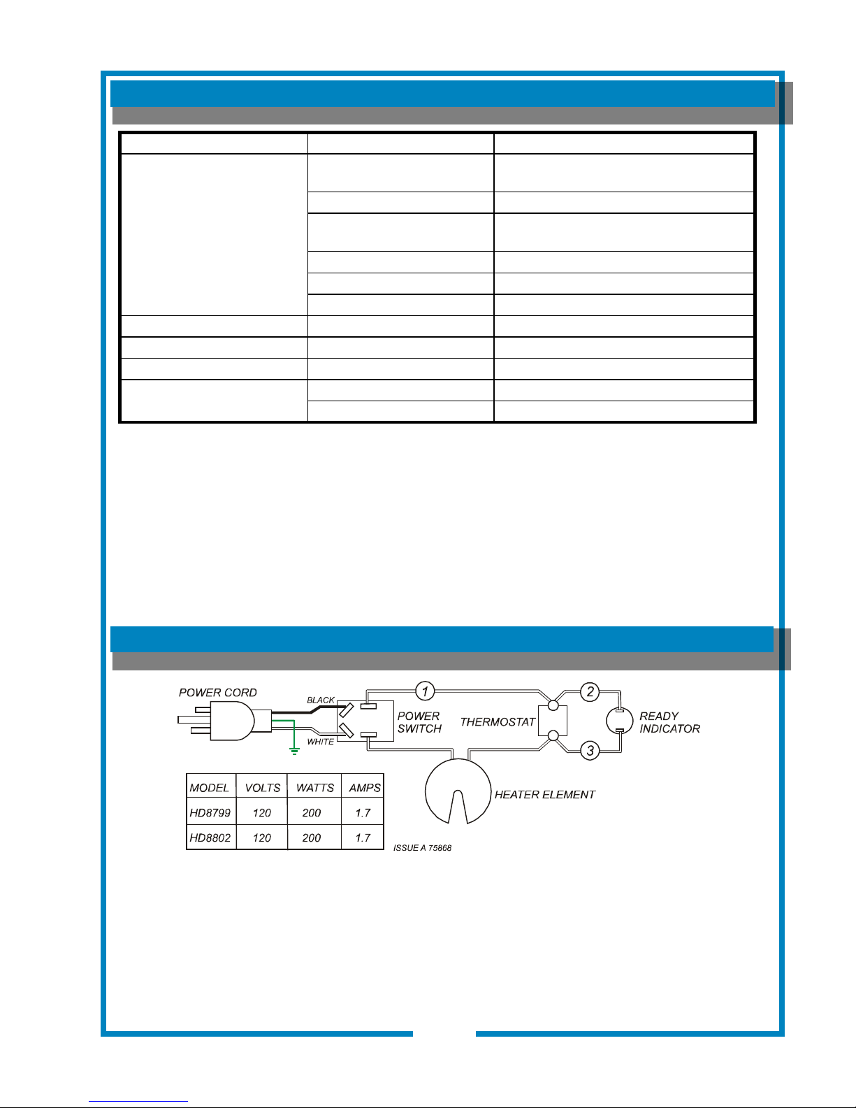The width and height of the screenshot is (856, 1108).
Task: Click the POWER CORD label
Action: coord(217,693)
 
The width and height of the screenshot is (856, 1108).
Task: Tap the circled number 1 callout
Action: coord(425,691)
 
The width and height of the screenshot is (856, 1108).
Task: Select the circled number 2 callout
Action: coord(590,692)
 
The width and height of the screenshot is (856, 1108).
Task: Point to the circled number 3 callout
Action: coord(590,751)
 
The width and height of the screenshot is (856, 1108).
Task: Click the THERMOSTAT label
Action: coord(498,722)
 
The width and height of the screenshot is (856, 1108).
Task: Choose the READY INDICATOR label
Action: coord(669,722)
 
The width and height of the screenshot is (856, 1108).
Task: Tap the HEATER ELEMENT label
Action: coord(544,795)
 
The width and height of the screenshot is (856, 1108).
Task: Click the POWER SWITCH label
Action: coord(419,722)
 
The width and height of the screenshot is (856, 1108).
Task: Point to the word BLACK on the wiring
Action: coord(321,700)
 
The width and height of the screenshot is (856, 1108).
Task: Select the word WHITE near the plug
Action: coord(321,742)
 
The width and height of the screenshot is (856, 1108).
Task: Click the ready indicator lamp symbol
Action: coord(618,721)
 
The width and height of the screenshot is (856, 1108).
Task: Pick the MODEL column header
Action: coord(210,788)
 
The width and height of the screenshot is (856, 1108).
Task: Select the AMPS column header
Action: coord(365,788)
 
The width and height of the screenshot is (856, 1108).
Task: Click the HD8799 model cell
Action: coord(210,813)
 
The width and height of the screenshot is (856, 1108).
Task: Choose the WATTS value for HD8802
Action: coord(312,838)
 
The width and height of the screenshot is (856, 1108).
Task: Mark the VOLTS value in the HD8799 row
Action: coord(262,813)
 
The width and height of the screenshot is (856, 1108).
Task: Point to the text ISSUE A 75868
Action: coord(423,848)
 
